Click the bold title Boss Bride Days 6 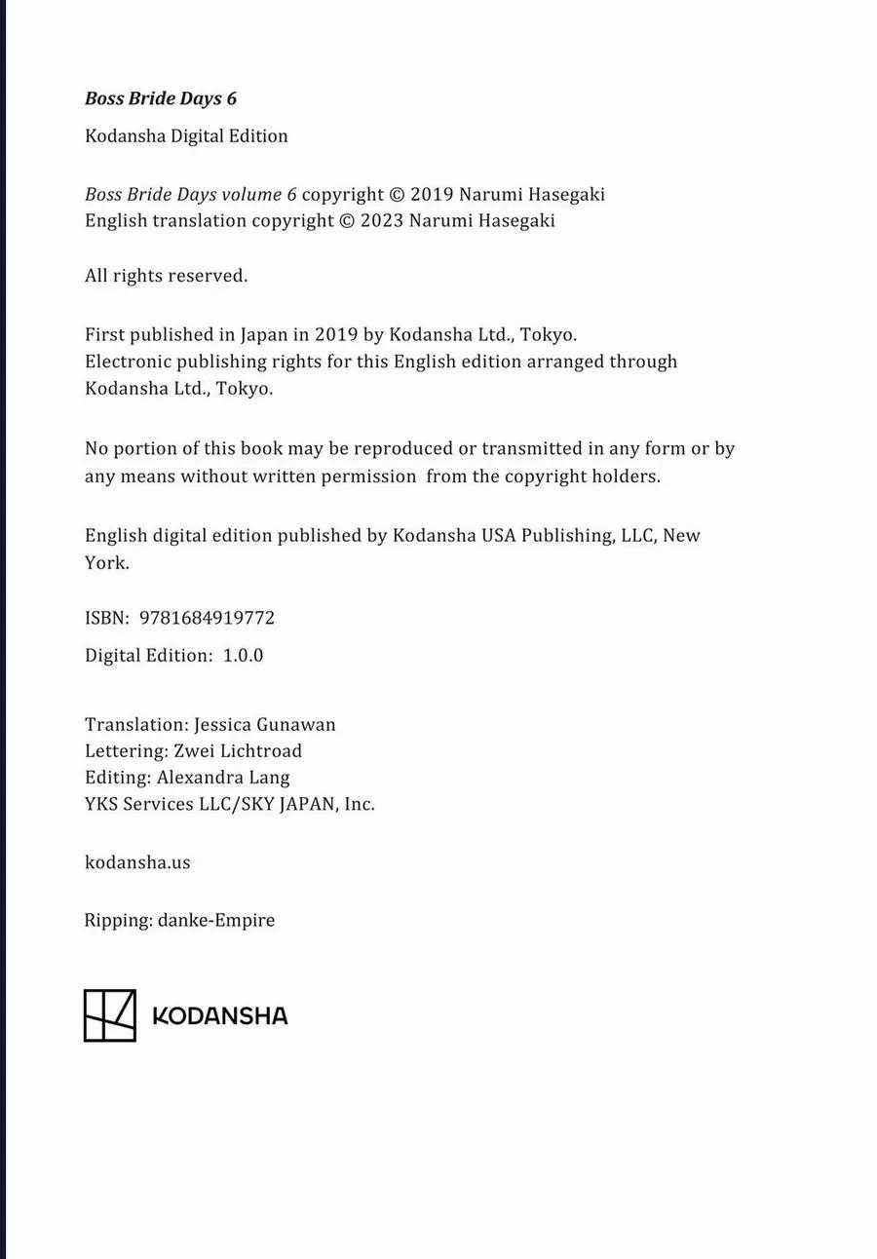tap(161, 98)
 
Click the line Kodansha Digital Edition tap(186, 136)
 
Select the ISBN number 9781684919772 tap(207, 618)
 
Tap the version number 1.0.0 tap(243, 656)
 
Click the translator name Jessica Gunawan tap(264, 725)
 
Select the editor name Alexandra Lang tap(223, 778)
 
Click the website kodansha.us tap(137, 862)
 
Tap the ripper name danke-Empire tap(216, 920)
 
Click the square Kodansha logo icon tap(109, 1015)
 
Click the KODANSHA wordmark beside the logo tap(220, 1016)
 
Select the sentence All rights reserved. tap(167, 276)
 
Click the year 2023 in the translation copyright tap(382, 220)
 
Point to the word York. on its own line tap(106, 563)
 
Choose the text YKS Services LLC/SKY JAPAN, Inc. tap(230, 804)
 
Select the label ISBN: tap(107, 618)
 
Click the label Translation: tap(136, 725)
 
